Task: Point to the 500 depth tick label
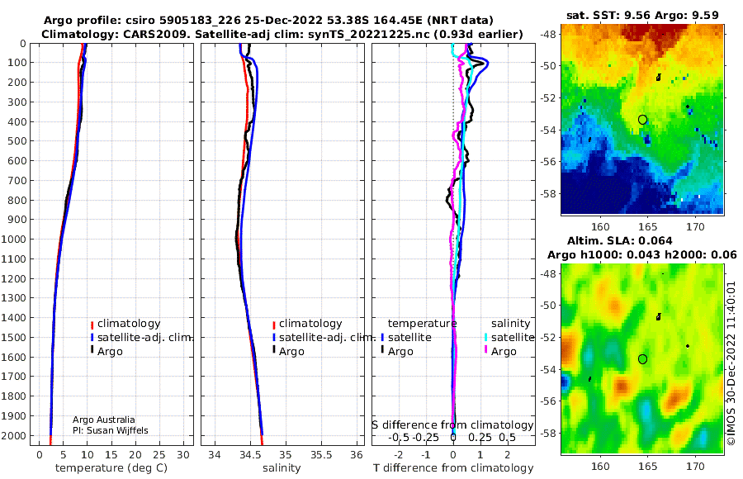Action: coord(17,141)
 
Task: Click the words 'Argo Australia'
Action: coord(103,420)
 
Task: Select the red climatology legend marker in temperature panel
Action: coord(92,324)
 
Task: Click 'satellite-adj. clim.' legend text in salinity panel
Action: coord(327,338)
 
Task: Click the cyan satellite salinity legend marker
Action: coord(486,338)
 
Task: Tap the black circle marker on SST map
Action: coord(642,120)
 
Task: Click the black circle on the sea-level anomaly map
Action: coord(642,358)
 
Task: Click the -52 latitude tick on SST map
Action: coord(547,97)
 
